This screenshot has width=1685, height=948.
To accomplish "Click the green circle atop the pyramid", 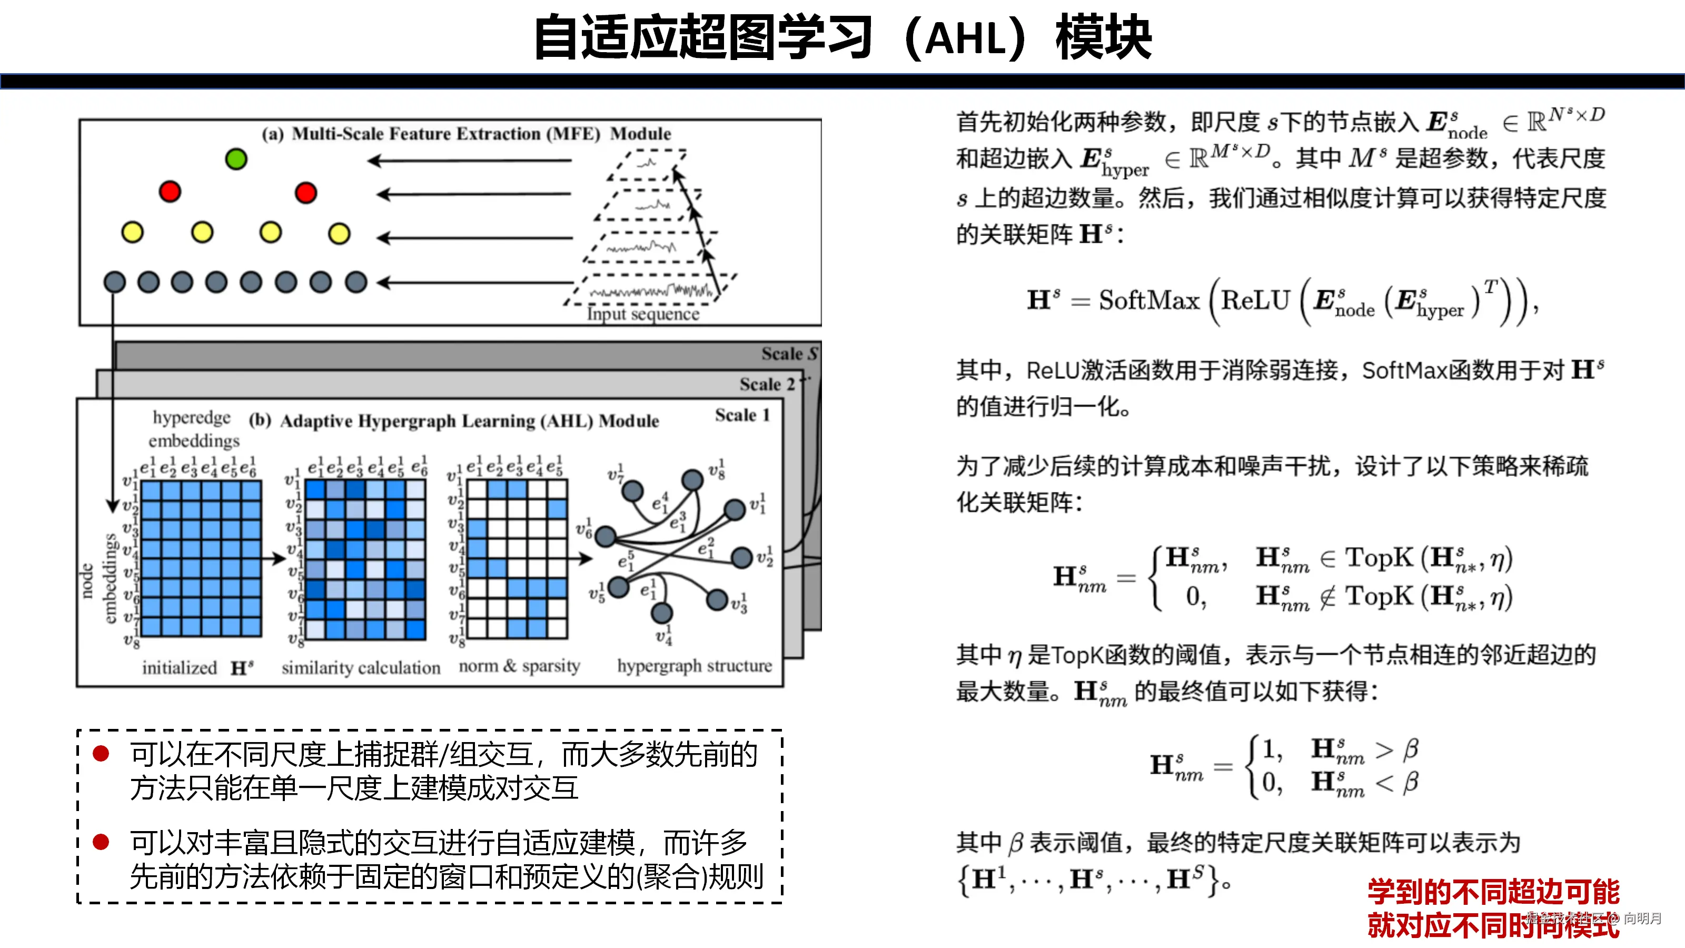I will coord(235,159).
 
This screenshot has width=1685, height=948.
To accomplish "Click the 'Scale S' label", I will coord(789,354).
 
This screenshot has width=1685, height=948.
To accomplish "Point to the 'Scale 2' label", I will coord(767,384).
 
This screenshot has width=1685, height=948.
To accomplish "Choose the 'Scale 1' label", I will coord(742,415).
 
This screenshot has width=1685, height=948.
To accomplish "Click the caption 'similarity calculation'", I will coord(361,667).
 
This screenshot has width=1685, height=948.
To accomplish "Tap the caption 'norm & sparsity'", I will coord(519,666).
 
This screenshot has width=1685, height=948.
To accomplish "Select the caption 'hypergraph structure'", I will coord(694,666).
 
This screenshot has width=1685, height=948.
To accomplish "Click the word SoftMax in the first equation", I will coord(1148,301).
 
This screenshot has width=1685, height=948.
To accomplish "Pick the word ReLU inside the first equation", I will coord(1255,301).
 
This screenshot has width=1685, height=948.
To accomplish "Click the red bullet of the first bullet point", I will coord(101,754).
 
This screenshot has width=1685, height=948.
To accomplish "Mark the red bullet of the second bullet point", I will coord(101,842).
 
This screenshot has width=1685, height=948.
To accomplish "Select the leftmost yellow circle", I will coord(132,232).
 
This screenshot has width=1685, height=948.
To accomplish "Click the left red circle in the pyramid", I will coord(170,192).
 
